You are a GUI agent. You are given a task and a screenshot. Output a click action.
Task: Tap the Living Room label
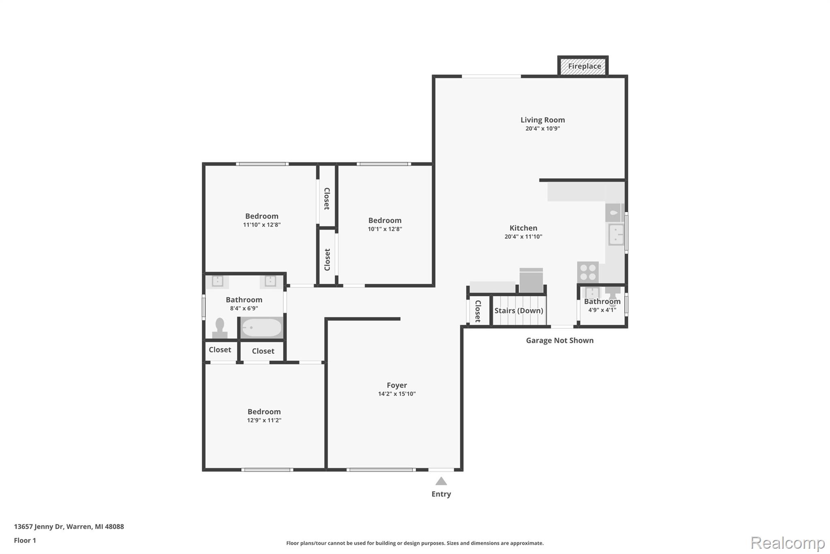click(x=543, y=120)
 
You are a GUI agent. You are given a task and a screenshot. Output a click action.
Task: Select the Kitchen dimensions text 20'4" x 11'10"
click(x=523, y=237)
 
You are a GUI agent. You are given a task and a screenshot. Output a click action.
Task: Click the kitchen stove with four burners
click(x=588, y=272)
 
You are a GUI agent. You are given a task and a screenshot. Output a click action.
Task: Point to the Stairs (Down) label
click(x=519, y=310)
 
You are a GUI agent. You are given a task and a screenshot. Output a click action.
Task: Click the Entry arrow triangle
click(x=441, y=481)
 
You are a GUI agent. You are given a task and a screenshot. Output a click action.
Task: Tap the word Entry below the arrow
click(x=441, y=494)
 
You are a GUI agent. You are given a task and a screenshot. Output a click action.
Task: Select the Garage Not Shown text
click(x=560, y=341)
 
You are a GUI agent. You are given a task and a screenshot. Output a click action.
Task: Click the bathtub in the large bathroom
click(x=262, y=328)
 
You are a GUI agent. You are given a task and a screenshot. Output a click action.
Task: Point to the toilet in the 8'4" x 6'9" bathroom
click(x=220, y=328)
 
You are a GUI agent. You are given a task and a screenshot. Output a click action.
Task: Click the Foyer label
click(x=397, y=385)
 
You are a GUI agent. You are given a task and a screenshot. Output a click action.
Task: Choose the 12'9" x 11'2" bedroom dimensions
click(x=264, y=420)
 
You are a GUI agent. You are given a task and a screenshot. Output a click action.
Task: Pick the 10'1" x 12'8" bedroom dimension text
click(x=385, y=229)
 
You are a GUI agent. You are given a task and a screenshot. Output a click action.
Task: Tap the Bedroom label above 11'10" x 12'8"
click(x=262, y=216)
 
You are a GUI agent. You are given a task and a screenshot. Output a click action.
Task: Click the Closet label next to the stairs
click(x=478, y=311)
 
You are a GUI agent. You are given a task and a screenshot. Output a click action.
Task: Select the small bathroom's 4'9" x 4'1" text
click(x=602, y=310)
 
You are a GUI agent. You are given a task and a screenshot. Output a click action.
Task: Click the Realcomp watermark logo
click(x=787, y=543)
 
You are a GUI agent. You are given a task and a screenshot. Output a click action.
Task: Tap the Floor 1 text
click(x=25, y=541)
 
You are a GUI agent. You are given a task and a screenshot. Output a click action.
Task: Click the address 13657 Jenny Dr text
click(x=39, y=527)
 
